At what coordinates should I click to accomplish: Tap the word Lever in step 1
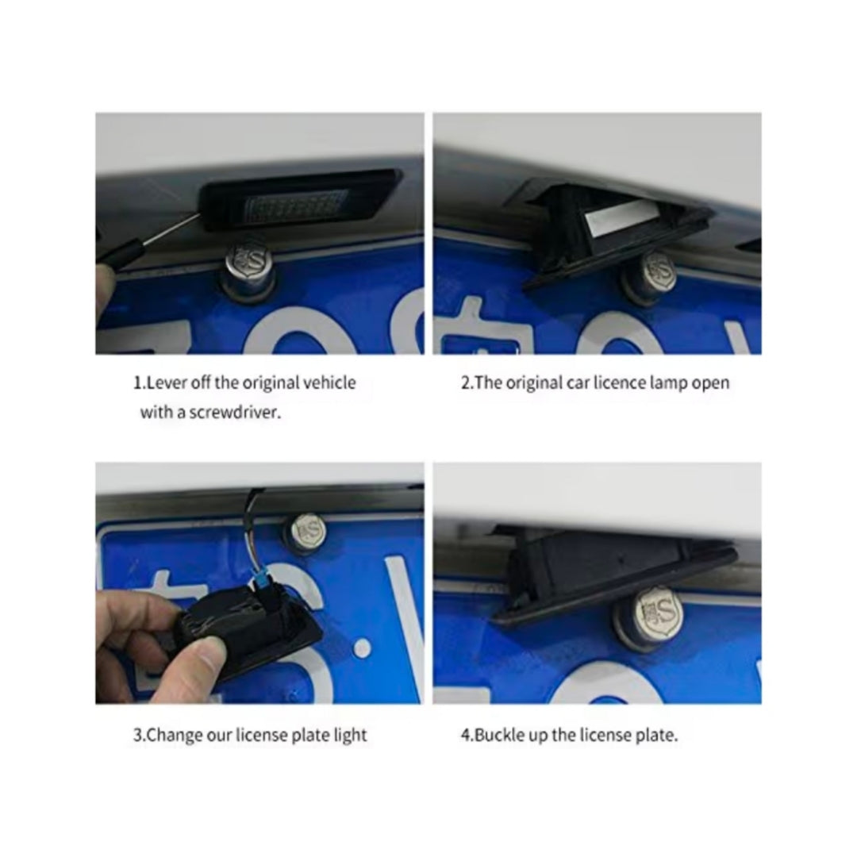(162, 382)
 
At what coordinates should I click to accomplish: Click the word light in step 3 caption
(350, 735)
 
